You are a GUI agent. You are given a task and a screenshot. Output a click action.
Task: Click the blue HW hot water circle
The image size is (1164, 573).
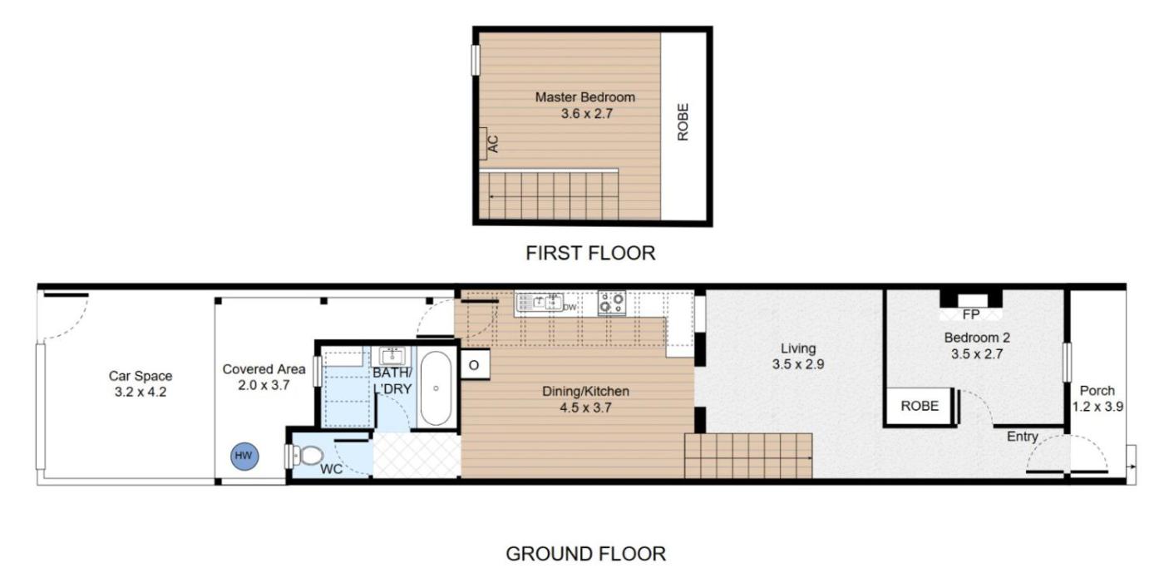click(x=244, y=456)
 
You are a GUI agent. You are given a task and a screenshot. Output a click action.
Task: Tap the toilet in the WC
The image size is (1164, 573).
click(x=308, y=456)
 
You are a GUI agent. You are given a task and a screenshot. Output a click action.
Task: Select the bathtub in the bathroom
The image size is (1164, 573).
click(x=436, y=388)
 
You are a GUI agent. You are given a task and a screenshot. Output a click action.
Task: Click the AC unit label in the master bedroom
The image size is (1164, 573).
click(x=493, y=144)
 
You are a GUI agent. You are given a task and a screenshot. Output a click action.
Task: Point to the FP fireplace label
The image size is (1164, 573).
click(x=971, y=314)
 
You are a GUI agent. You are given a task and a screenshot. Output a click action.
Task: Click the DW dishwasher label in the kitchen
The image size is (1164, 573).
click(x=570, y=308)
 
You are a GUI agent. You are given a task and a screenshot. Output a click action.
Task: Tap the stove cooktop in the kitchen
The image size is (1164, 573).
click(x=612, y=303)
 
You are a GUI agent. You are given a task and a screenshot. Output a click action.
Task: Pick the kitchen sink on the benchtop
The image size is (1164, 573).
click(x=540, y=302)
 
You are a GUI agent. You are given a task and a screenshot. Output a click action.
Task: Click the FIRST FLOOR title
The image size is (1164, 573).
click(x=590, y=253)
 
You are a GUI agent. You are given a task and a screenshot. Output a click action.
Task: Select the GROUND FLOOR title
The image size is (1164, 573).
click(x=585, y=554)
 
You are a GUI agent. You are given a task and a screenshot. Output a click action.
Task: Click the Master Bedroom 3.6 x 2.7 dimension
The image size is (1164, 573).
click(x=587, y=113)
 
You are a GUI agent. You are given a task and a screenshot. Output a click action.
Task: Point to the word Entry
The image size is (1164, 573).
click(x=1022, y=437)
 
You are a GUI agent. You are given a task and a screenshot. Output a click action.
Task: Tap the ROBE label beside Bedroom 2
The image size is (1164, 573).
click(x=920, y=406)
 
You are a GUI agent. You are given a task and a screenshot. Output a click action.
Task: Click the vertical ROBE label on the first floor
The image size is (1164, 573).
click(x=683, y=121)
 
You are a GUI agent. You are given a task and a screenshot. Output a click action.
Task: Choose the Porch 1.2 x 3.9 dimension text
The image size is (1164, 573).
click(x=1097, y=407)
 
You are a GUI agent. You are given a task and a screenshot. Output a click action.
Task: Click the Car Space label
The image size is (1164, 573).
click(x=141, y=376)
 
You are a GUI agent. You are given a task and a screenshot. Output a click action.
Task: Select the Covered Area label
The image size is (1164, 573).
click(x=264, y=369)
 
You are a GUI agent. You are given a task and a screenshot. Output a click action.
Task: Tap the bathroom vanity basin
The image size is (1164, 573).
click(x=392, y=356)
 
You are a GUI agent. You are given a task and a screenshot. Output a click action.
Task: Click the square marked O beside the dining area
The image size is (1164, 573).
click(x=475, y=364)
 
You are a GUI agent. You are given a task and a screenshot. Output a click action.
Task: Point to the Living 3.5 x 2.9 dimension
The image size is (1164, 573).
click(x=798, y=364)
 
